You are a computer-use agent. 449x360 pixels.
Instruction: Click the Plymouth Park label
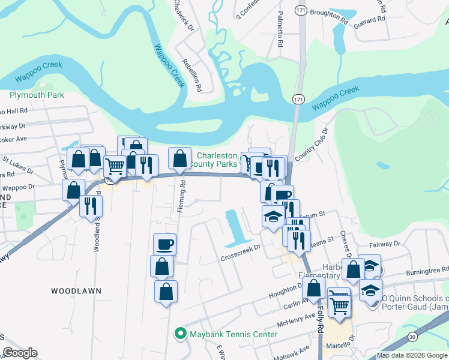[x=37, y=95]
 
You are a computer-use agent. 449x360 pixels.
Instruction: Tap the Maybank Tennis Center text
[x=234, y=334]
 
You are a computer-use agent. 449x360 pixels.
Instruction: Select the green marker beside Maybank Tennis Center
[x=179, y=334]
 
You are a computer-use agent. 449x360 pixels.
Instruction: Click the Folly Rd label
[x=321, y=318]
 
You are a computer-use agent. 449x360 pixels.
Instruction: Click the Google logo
[x=20, y=353]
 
